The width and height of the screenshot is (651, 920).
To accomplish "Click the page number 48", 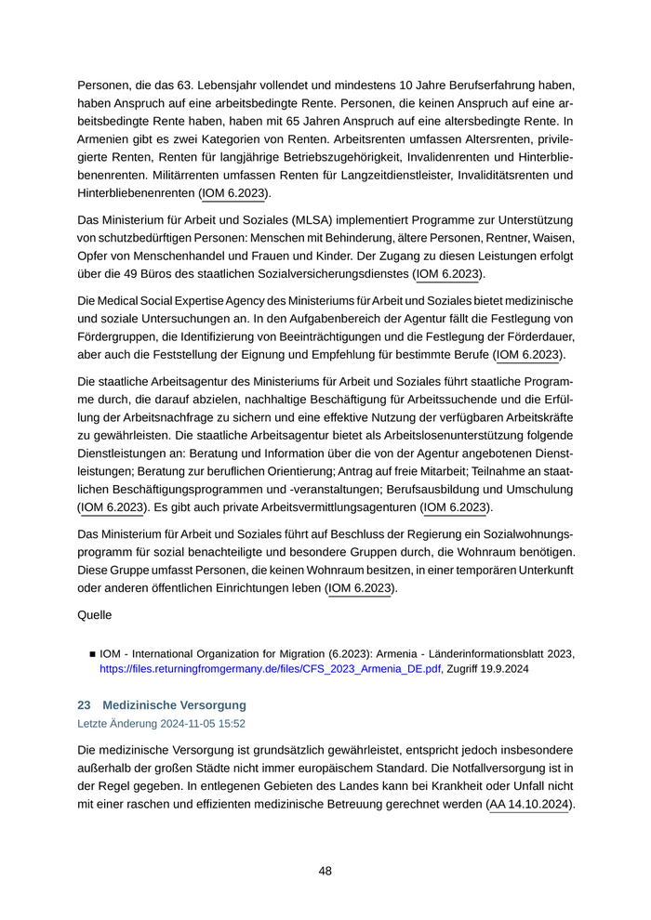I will (325, 871).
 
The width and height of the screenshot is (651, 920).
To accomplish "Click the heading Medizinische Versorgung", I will (174, 705).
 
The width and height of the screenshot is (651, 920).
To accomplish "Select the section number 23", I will (84, 705).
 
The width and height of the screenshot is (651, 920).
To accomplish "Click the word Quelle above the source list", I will (94, 614).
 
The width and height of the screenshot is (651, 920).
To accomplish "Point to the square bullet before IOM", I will (92, 653).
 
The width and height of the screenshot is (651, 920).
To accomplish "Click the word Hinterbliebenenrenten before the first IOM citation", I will (136, 193).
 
